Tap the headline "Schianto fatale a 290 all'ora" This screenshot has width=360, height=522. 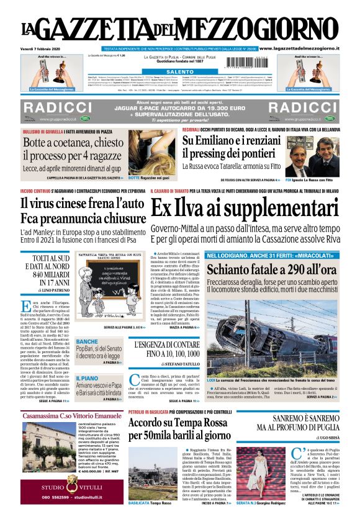coord(271,270)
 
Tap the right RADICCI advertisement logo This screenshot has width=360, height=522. coord(302,107)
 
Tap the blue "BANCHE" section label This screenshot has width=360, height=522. coord(87,342)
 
